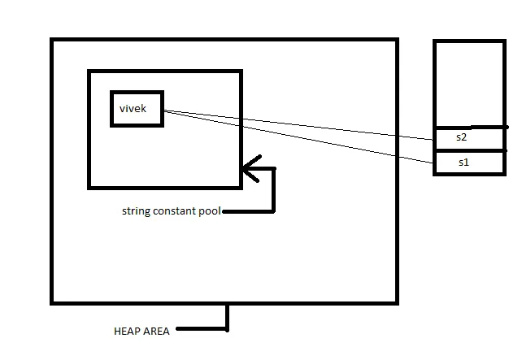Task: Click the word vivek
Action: pyautogui.click(x=133, y=107)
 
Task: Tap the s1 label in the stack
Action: pyautogui.click(x=463, y=162)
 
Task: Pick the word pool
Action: pyautogui.click(x=209, y=211)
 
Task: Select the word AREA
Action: pyautogui.click(x=158, y=332)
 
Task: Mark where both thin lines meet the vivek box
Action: pyautogui.click(x=164, y=111)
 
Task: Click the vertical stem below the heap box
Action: pyautogui.click(x=227, y=317)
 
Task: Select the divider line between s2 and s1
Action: pyautogui.click(x=469, y=150)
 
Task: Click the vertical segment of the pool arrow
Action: pyautogui.click(x=274, y=191)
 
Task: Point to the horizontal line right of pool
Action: pyautogui.click(x=248, y=212)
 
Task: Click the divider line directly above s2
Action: pyautogui.click(x=469, y=128)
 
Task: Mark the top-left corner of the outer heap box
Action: pyautogui.click(x=52, y=40)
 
